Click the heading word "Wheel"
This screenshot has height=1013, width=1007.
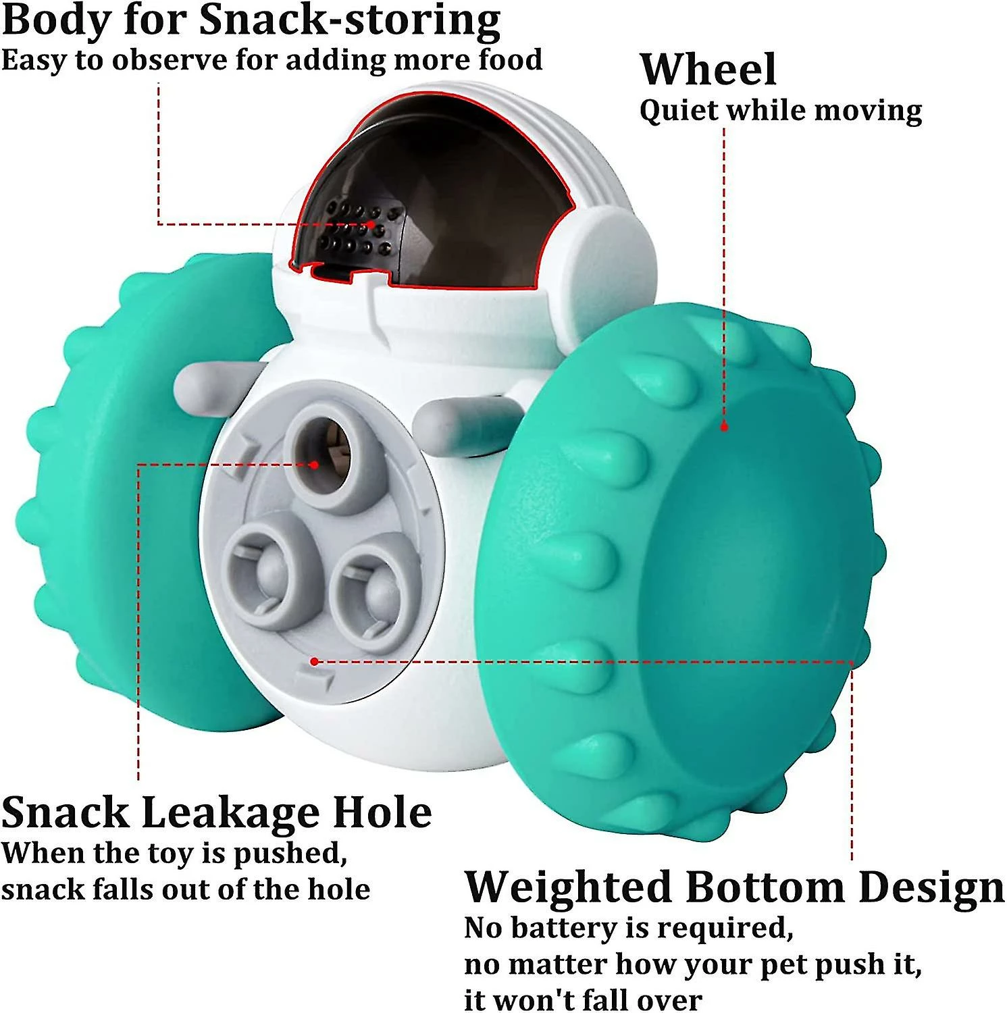pyautogui.click(x=708, y=70)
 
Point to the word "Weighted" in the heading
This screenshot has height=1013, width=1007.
pyautogui.click(x=569, y=887)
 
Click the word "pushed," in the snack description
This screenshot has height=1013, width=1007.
pyautogui.click(x=290, y=853)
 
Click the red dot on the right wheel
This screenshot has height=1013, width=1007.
pyautogui.click(x=724, y=427)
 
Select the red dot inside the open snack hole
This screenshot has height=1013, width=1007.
pyautogui.click(x=314, y=465)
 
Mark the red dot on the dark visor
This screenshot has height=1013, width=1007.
pyautogui.click(x=371, y=224)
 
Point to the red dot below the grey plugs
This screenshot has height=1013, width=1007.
pyautogui.click(x=314, y=661)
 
